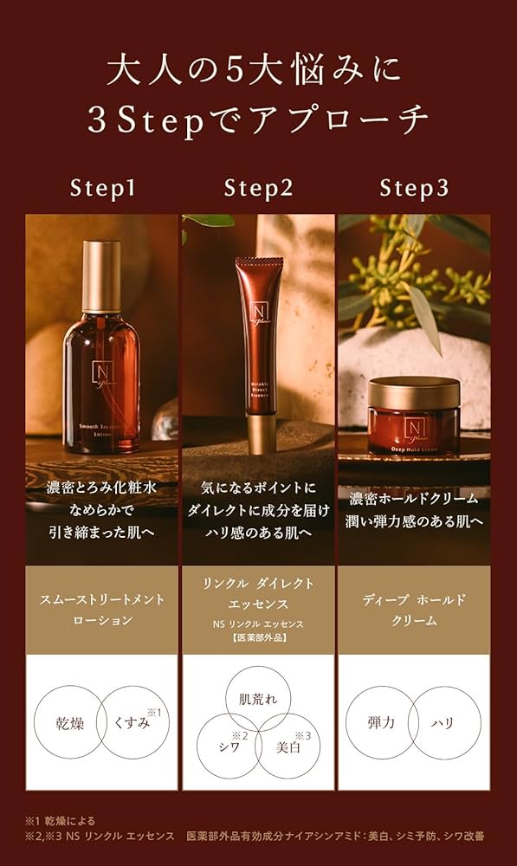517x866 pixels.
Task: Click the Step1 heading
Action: tap(102, 187)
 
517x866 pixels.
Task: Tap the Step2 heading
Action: tap(257, 187)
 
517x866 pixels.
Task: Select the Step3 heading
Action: tap(413, 187)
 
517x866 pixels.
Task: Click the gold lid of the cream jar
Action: tap(413, 392)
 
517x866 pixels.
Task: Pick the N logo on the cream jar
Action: tap(413, 425)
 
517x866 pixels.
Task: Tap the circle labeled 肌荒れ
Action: tap(257, 698)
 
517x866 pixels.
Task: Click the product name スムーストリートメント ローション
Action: tap(102, 610)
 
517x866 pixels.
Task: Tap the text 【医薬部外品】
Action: tap(257, 637)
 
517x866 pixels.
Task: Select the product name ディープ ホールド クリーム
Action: tap(413, 610)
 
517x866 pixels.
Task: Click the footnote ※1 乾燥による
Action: tap(60, 820)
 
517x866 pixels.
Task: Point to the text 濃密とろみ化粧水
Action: tap(102, 490)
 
